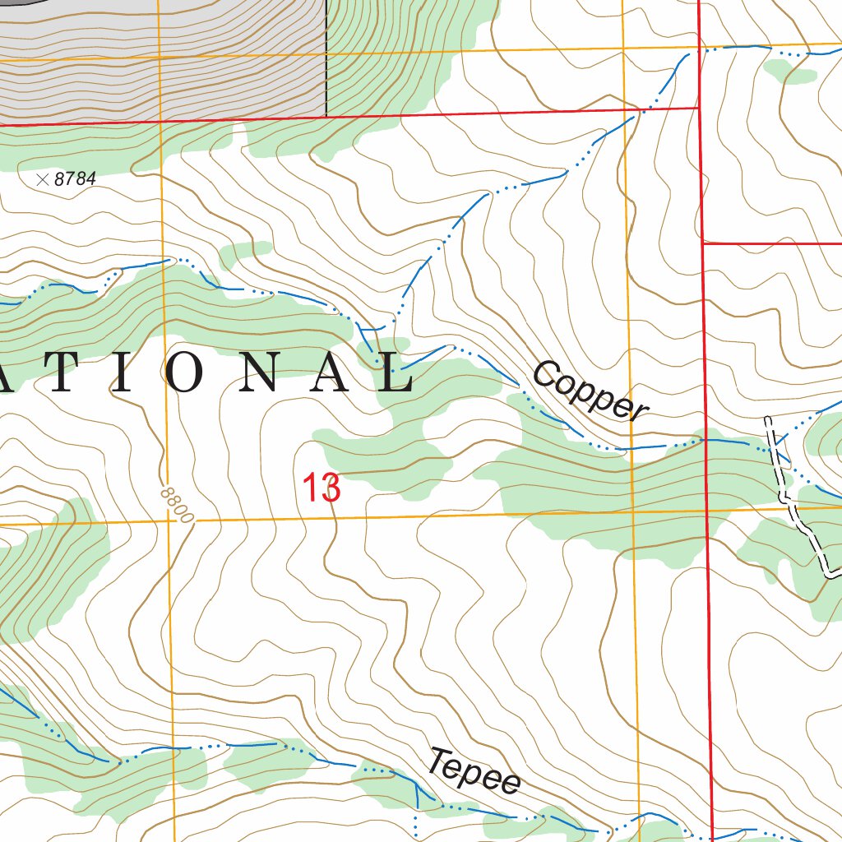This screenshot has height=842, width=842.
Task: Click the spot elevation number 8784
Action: click(x=75, y=179)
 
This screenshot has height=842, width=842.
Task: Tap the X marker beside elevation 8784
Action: click(x=43, y=178)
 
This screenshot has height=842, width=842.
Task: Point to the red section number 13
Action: click(x=322, y=488)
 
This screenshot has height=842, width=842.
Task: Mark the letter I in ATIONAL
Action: click(x=120, y=375)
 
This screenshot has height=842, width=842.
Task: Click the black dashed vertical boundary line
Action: click(x=326, y=58)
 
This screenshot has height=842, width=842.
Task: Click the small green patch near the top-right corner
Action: click(x=789, y=72)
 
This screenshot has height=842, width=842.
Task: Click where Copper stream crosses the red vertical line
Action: click(x=706, y=440)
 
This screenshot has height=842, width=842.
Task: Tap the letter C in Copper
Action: click(x=544, y=374)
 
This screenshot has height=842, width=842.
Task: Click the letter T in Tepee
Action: click(x=440, y=761)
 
